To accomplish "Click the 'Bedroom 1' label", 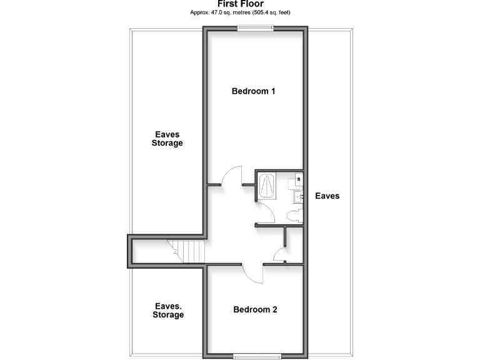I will point(254,91).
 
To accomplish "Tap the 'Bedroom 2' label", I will point(255,309).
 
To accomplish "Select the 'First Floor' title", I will point(241,4).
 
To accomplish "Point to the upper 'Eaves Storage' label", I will point(167,138).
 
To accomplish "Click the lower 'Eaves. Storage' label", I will point(168,311).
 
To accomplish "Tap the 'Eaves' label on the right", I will point(327,196).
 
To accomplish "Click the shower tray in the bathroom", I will point(267,186).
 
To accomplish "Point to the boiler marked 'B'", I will point(298,180).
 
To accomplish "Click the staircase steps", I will point(189,251).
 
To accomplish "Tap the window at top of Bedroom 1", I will point(255,26).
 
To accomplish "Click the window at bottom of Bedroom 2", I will point(257,356).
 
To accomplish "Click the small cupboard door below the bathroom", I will point(279,255).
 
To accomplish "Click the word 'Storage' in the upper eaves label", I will point(167,143).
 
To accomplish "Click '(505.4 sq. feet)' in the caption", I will point(271,12).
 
